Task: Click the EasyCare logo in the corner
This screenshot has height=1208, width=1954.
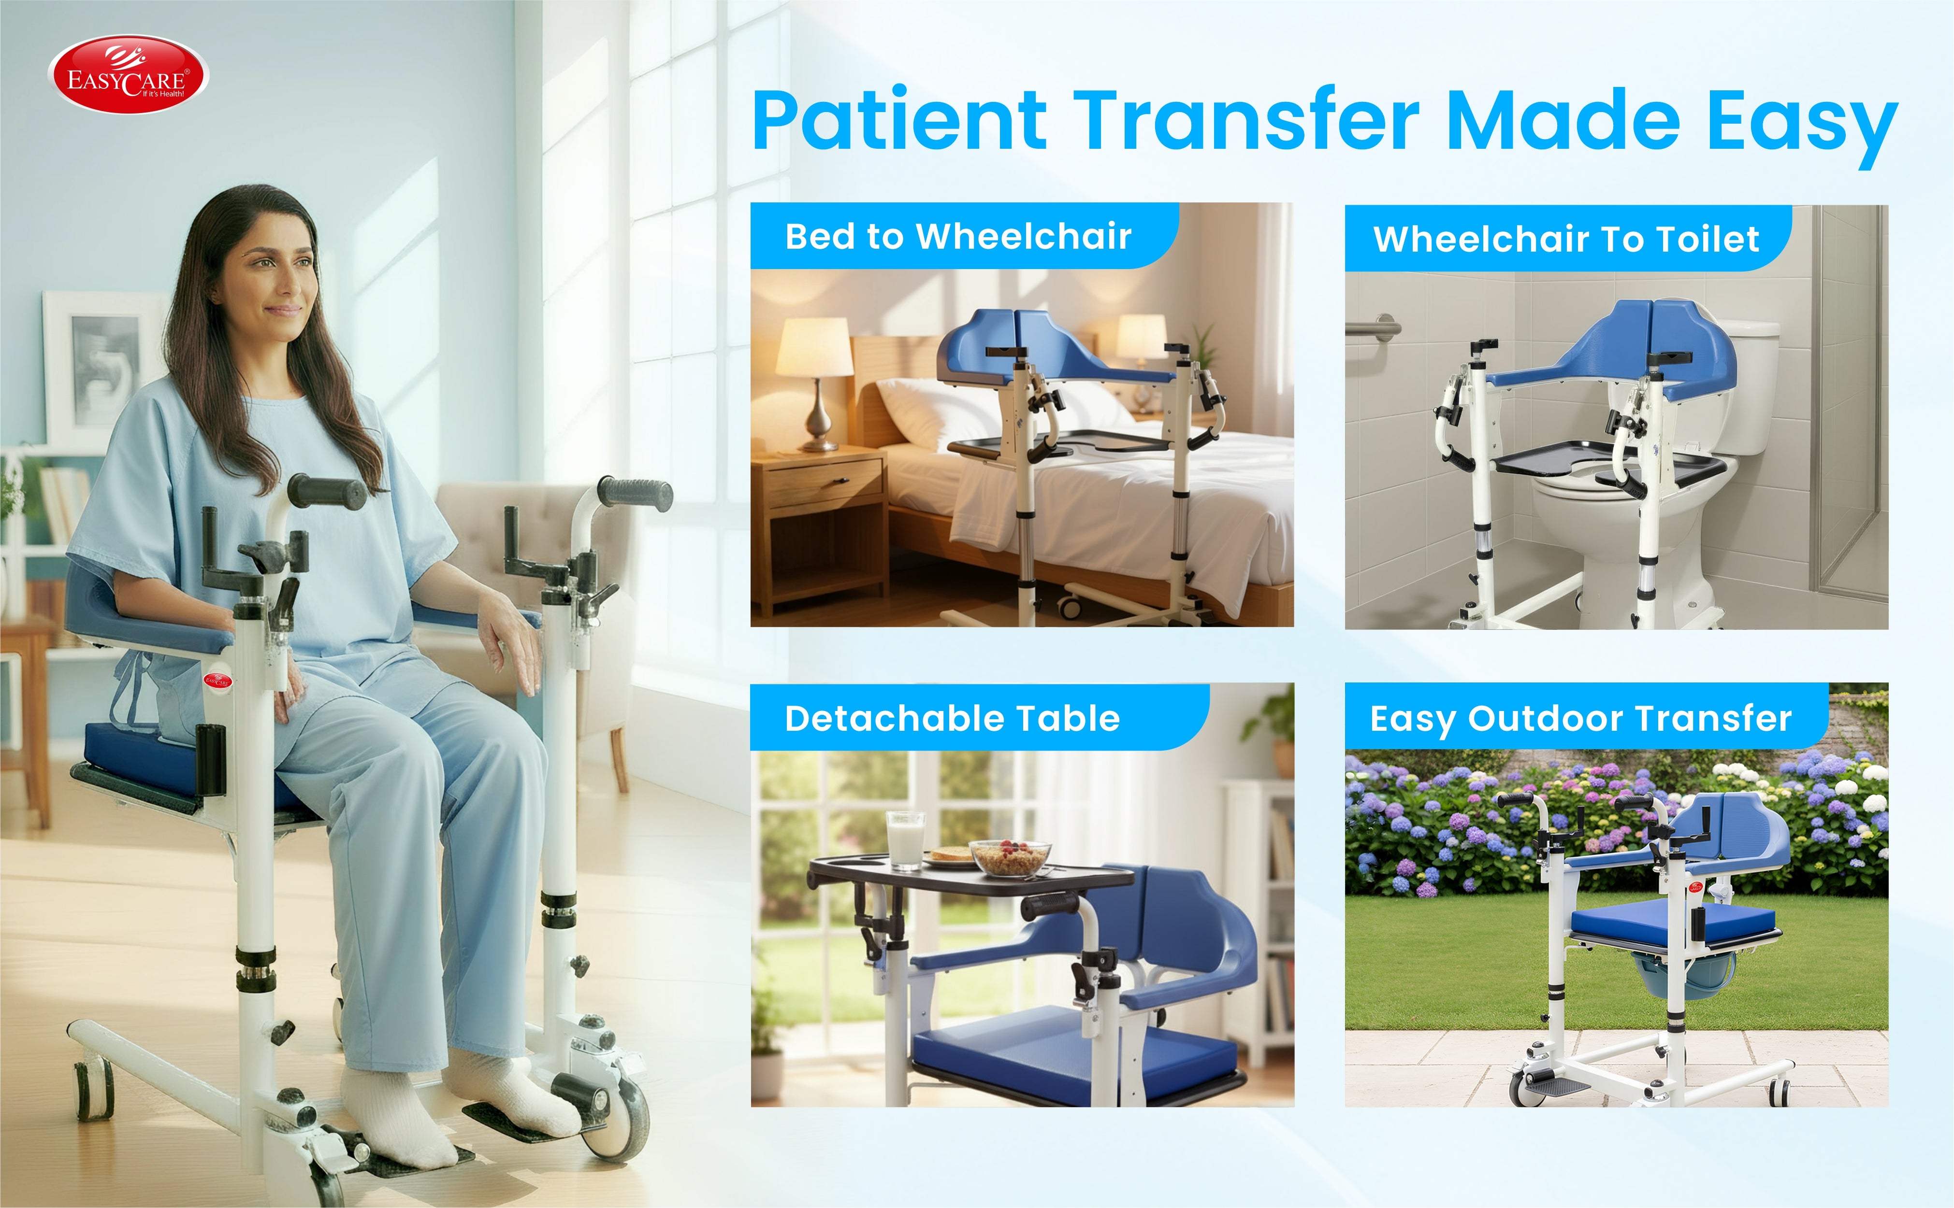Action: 128,74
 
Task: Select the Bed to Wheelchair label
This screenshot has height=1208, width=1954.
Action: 958,237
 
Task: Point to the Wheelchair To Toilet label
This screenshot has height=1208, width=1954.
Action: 1566,239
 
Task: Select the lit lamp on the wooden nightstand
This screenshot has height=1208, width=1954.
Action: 815,384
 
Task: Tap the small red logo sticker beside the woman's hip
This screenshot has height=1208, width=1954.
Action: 217,681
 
